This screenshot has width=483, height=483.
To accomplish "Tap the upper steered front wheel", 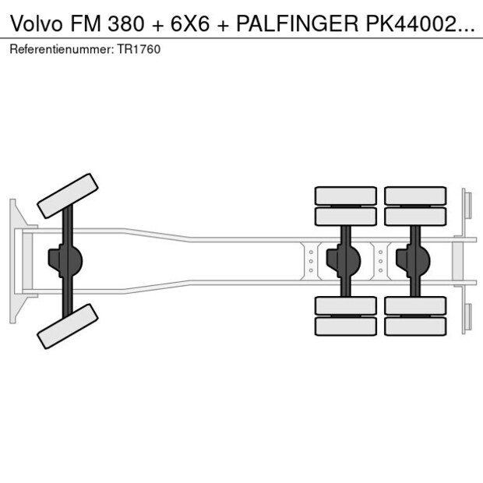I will pyautogui.click(x=68, y=196).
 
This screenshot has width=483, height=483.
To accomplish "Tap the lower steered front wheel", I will pyautogui.click(x=68, y=326).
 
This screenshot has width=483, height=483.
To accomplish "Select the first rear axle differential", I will pyautogui.click(x=342, y=261).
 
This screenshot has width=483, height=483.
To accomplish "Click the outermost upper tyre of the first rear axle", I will pyautogui.click(x=345, y=195).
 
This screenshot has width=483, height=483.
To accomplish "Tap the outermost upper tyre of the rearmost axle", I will pyautogui.click(x=415, y=195).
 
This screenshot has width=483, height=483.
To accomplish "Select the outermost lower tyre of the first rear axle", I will pyautogui.click(x=345, y=326).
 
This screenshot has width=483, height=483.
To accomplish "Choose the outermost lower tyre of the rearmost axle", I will pyautogui.click(x=415, y=326).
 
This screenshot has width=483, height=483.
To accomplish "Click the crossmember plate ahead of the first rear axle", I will pyautogui.click(x=311, y=261).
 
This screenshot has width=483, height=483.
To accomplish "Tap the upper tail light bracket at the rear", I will pyautogui.click(x=467, y=206).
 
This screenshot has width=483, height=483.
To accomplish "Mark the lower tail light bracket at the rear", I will pyautogui.click(x=467, y=316).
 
